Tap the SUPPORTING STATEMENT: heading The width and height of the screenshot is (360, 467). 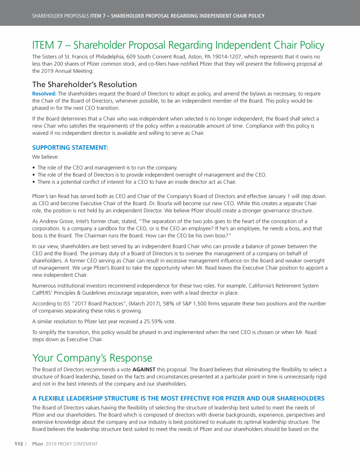(x=70, y=148)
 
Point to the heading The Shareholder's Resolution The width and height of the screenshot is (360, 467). (x=84, y=84)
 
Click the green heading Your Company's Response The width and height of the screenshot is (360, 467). (x=92, y=358)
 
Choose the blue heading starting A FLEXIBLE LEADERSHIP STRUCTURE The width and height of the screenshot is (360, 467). (x=178, y=399)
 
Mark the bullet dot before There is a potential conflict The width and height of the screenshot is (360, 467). (x=34, y=182)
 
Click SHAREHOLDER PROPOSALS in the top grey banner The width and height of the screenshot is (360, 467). (x=60, y=16)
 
